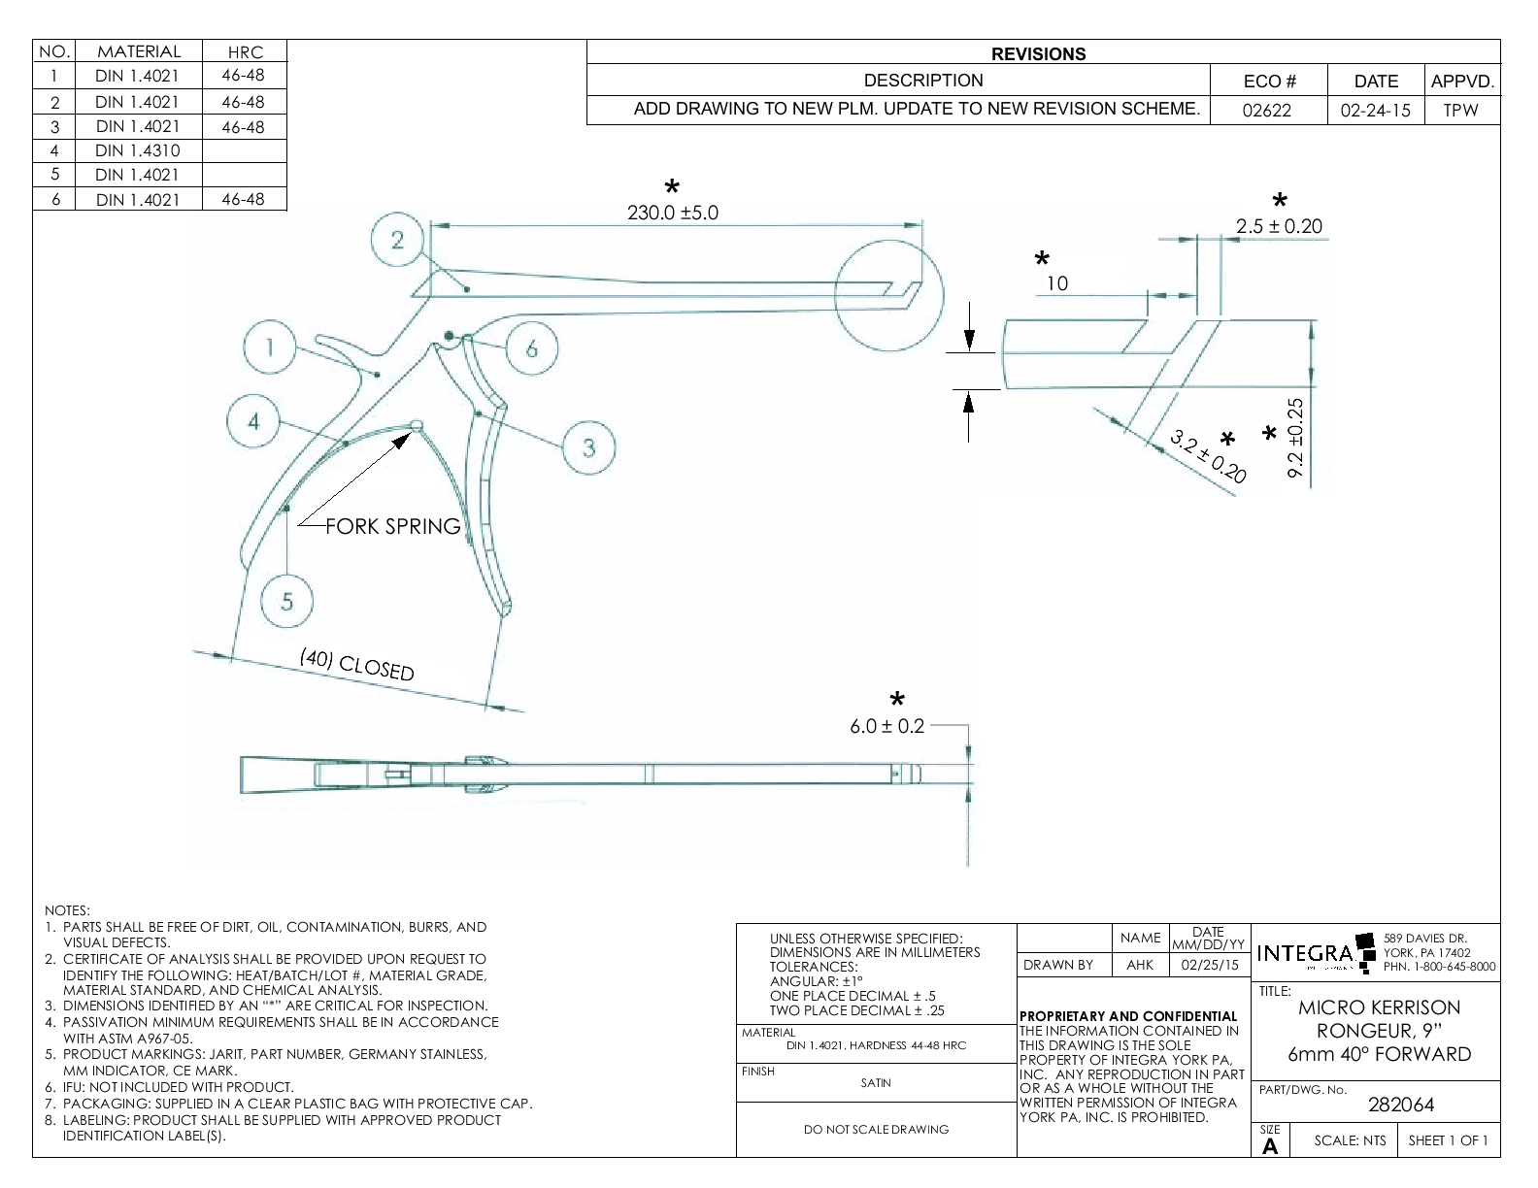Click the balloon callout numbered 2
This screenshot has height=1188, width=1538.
[398, 241]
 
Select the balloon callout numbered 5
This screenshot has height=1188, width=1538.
[287, 602]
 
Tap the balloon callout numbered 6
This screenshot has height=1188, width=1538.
[531, 348]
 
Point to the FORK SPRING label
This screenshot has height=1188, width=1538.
[392, 527]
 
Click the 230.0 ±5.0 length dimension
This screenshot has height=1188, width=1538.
[673, 213]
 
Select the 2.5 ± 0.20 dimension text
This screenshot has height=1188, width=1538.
[1279, 226]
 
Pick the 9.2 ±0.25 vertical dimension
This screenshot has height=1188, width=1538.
[1295, 438]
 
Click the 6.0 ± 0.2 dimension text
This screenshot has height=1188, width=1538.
[887, 726]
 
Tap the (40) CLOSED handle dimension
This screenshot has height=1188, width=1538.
[357, 665]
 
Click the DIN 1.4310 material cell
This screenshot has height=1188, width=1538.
[138, 150]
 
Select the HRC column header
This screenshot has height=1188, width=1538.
[244, 52]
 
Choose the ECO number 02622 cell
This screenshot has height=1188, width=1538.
[1268, 110]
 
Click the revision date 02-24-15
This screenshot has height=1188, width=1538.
[1375, 110]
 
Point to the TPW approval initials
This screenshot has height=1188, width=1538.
[1460, 110]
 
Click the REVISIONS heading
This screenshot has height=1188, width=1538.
[1039, 54]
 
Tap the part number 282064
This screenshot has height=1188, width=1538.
[1401, 1105]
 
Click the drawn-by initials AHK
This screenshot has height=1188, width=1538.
[1140, 965]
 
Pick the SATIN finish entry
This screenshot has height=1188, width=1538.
[876, 1083]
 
